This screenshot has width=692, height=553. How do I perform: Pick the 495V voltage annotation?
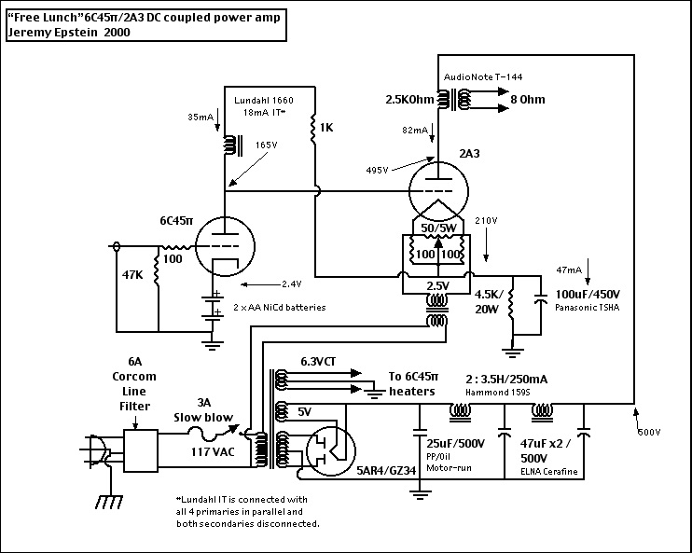pos(378,170)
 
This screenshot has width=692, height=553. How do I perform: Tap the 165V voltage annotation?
pos(267,145)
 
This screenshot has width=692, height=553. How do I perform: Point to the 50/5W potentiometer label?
pos(438,228)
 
